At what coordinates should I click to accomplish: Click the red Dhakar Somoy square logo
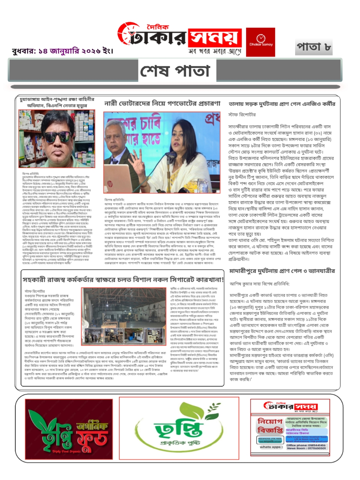pyautogui.click(x=260, y=42)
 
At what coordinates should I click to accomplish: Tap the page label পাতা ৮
pyautogui.click(x=313, y=47)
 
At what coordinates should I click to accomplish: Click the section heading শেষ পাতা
pyautogui.click(x=175, y=70)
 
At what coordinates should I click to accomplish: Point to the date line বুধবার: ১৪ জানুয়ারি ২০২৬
pyautogui.click(x=62, y=51)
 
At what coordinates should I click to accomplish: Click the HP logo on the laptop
pyautogui.click(x=110, y=184)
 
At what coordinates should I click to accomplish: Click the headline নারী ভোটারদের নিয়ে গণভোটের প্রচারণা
pyautogui.click(x=162, y=103)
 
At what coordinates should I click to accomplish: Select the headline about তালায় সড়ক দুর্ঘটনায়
pyautogui.click(x=282, y=104)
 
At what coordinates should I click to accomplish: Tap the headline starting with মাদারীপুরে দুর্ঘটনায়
pyautogui.click(x=282, y=271)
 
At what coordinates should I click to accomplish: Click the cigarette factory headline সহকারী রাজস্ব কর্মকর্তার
pyautogui.click(x=123, y=279)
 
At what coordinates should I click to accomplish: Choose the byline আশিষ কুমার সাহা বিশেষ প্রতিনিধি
pyautogui.click(x=259, y=284)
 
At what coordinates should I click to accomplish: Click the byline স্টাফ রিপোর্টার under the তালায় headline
pyautogui.click(x=242, y=114)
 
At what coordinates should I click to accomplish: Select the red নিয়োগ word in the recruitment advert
pyautogui.click(x=270, y=421)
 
